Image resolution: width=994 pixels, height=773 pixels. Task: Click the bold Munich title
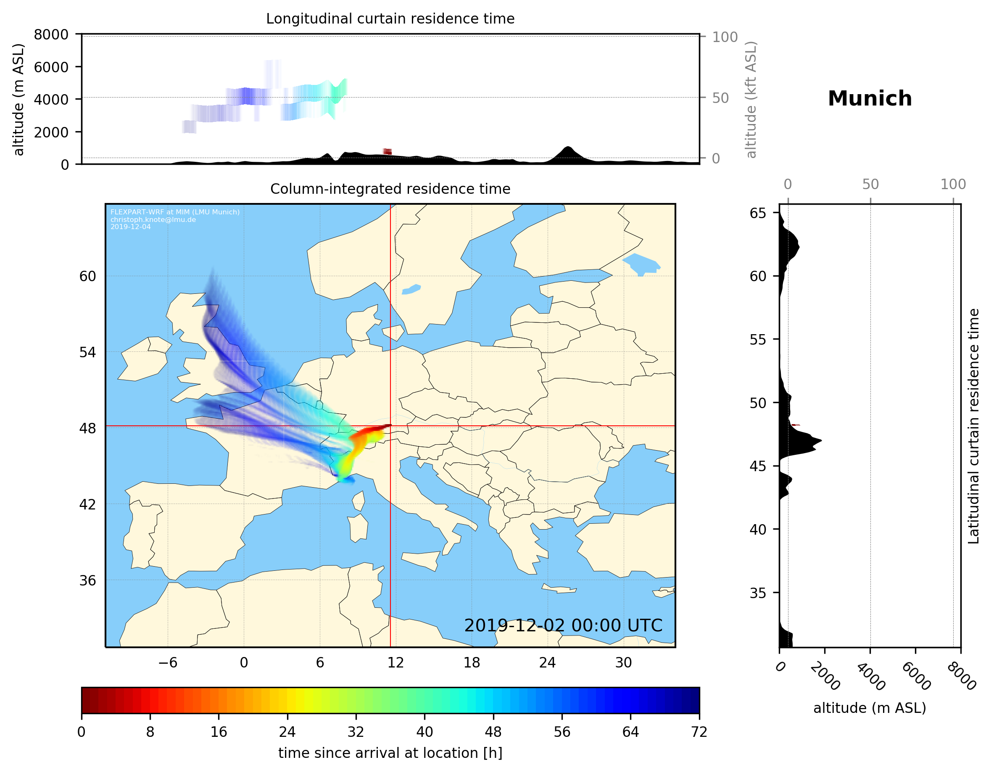pyautogui.click(x=869, y=99)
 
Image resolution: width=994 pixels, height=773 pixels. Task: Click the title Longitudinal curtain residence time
pyautogui.click(x=390, y=18)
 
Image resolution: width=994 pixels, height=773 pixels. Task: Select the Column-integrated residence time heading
pyautogui.click(x=390, y=189)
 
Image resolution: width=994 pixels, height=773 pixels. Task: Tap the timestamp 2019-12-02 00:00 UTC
pyautogui.click(x=563, y=625)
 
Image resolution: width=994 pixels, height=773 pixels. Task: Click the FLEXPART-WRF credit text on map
pyautogui.click(x=175, y=212)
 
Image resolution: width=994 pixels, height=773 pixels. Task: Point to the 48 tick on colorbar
pyautogui.click(x=493, y=732)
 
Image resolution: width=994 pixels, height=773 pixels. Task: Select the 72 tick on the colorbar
pyautogui.click(x=699, y=732)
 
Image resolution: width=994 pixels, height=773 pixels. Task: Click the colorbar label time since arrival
pyautogui.click(x=390, y=753)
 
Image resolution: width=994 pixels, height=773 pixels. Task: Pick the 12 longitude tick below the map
pyautogui.click(x=395, y=662)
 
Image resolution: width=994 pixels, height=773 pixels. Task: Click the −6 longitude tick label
pyautogui.click(x=167, y=662)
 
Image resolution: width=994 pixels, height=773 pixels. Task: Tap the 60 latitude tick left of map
pyautogui.click(x=87, y=276)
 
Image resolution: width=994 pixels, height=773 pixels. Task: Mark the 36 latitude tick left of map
pyautogui.click(x=87, y=580)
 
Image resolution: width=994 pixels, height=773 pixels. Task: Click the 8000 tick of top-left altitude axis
pyautogui.click(x=51, y=34)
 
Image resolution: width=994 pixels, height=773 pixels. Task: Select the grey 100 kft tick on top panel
pyautogui.click(x=725, y=37)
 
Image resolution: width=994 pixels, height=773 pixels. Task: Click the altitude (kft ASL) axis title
pyautogui.click(x=751, y=100)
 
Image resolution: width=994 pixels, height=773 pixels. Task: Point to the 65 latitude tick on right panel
pyautogui.click(x=758, y=213)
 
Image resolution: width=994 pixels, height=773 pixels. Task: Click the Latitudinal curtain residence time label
pyautogui.click(x=973, y=426)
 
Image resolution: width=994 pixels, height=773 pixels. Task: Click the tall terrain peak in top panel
pyautogui.click(x=567, y=148)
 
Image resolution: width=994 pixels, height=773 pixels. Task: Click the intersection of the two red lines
pyautogui.click(x=390, y=426)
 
